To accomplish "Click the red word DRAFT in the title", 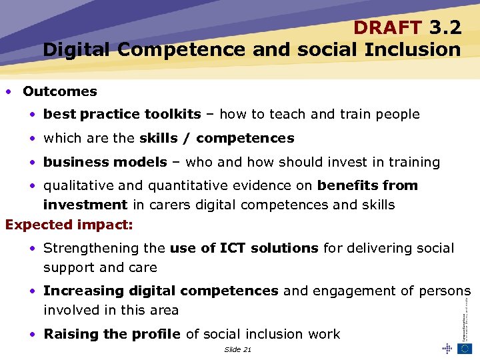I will pyautogui.click(x=387, y=27).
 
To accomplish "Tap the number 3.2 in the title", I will pyautogui.click(x=445, y=27).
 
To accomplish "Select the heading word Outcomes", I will pyautogui.click(x=60, y=91).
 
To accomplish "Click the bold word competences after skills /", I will pyautogui.click(x=245, y=138).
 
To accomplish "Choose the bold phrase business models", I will pyautogui.click(x=105, y=162).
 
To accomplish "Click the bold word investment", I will pyautogui.click(x=85, y=205).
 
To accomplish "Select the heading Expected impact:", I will pyautogui.click(x=69, y=225).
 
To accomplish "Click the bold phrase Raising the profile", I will pyautogui.click(x=112, y=334).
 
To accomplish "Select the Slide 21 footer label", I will pyautogui.click(x=238, y=349).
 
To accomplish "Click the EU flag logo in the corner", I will pyautogui.click(x=464, y=349).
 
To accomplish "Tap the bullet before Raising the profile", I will pyautogui.click(x=33, y=334).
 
